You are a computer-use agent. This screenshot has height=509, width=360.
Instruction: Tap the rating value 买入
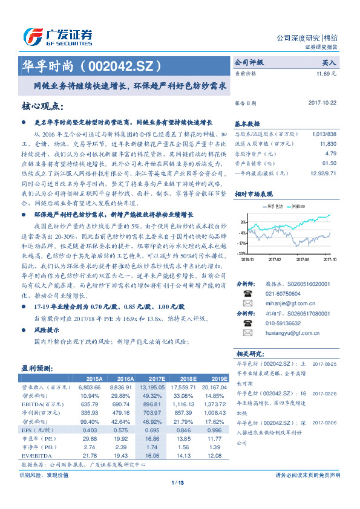[328, 62]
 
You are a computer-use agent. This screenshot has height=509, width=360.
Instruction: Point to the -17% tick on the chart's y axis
[241, 242]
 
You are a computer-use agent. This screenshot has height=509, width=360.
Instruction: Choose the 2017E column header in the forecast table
[155, 378]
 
